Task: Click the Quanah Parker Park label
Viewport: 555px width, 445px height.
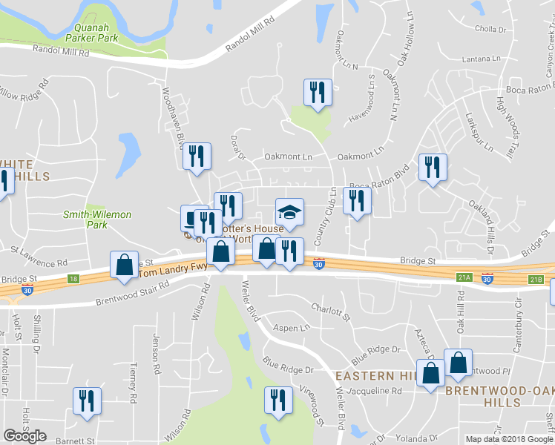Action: [x=92, y=30]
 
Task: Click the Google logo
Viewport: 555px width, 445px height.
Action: [x=25, y=436]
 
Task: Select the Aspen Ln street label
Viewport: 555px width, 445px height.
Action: [x=292, y=328]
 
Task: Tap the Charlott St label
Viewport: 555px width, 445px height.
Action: [x=330, y=307]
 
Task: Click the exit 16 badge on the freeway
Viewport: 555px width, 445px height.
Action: [x=72, y=278]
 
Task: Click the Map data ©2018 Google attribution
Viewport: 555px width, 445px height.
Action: [x=509, y=439]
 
